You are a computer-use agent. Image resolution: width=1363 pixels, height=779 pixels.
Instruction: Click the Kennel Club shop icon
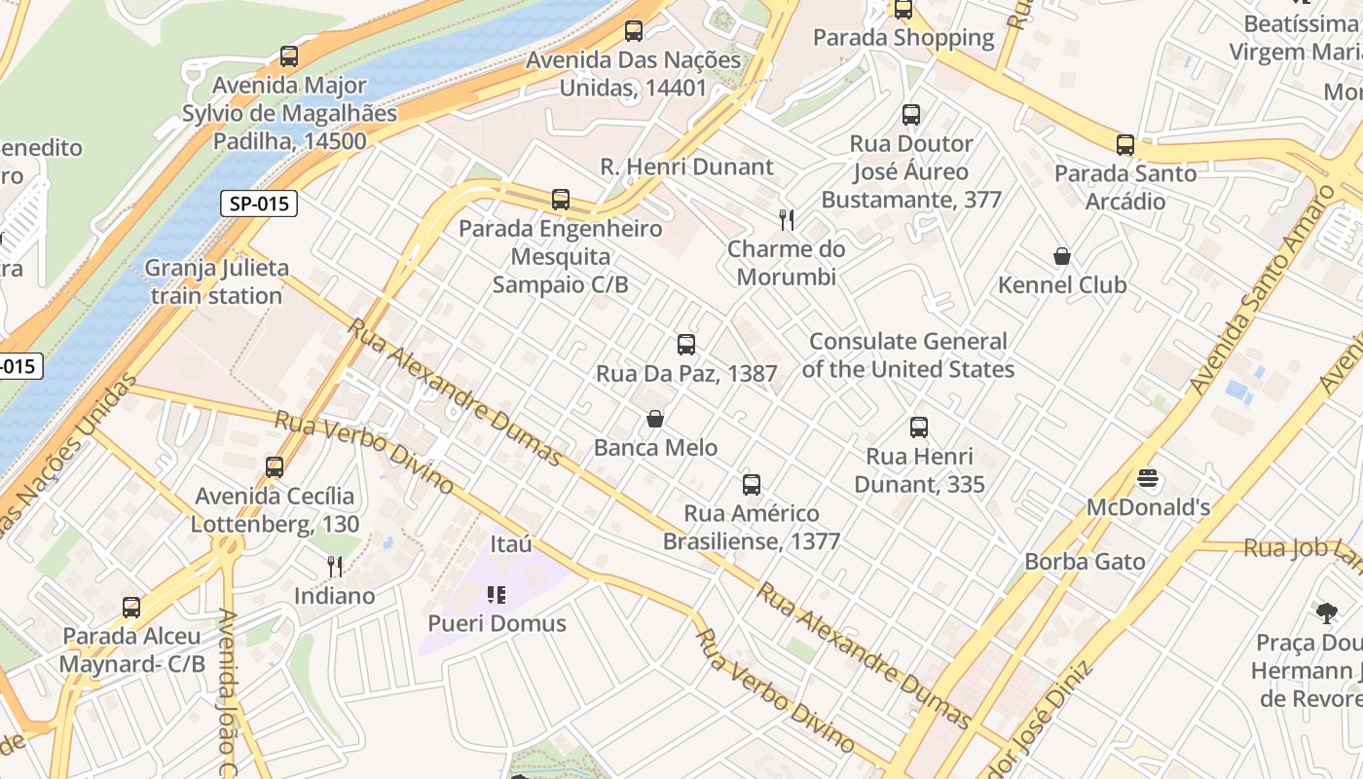click(x=1062, y=256)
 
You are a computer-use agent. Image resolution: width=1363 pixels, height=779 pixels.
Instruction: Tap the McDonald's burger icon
click(x=1149, y=478)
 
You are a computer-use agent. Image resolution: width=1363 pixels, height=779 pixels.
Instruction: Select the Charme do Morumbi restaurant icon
click(x=787, y=220)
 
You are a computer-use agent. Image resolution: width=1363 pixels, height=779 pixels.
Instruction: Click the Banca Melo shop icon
click(x=656, y=419)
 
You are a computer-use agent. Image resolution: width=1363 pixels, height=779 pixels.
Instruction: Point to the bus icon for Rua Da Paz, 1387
click(x=686, y=344)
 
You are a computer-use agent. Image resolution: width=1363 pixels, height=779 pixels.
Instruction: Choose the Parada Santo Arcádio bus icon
click(x=1125, y=145)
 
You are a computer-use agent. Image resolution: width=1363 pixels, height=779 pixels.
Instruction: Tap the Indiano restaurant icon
click(x=335, y=566)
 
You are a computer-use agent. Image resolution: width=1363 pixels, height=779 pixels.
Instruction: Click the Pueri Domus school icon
click(x=497, y=594)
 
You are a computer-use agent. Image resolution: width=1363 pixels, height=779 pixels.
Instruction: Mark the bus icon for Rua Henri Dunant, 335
click(x=919, y=427)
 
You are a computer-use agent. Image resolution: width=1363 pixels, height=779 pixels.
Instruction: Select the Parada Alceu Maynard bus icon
click(x=131, y=608)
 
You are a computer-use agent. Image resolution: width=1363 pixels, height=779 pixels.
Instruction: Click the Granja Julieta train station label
click(x=216, y=281)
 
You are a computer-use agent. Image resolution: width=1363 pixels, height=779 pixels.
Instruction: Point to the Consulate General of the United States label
click(x=908, y=355)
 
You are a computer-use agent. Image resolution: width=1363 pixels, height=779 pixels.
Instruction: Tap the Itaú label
click(x=511, y=543)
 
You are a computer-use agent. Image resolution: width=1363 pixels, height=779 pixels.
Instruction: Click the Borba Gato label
click(x=1085, y=562)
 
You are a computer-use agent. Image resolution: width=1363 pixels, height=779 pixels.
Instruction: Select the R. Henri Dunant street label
click(x=686, y=167)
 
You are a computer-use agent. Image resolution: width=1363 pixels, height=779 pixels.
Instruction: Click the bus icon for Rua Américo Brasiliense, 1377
click(x=752, y=484)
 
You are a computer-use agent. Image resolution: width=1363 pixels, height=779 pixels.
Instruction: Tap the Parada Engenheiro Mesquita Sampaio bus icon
click(x=561, y=200)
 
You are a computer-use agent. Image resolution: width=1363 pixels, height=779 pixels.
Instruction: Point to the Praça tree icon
click(x=1326, y=612)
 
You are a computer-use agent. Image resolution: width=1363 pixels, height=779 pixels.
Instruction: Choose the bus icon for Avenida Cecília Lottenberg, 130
click(x=275, y=467)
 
